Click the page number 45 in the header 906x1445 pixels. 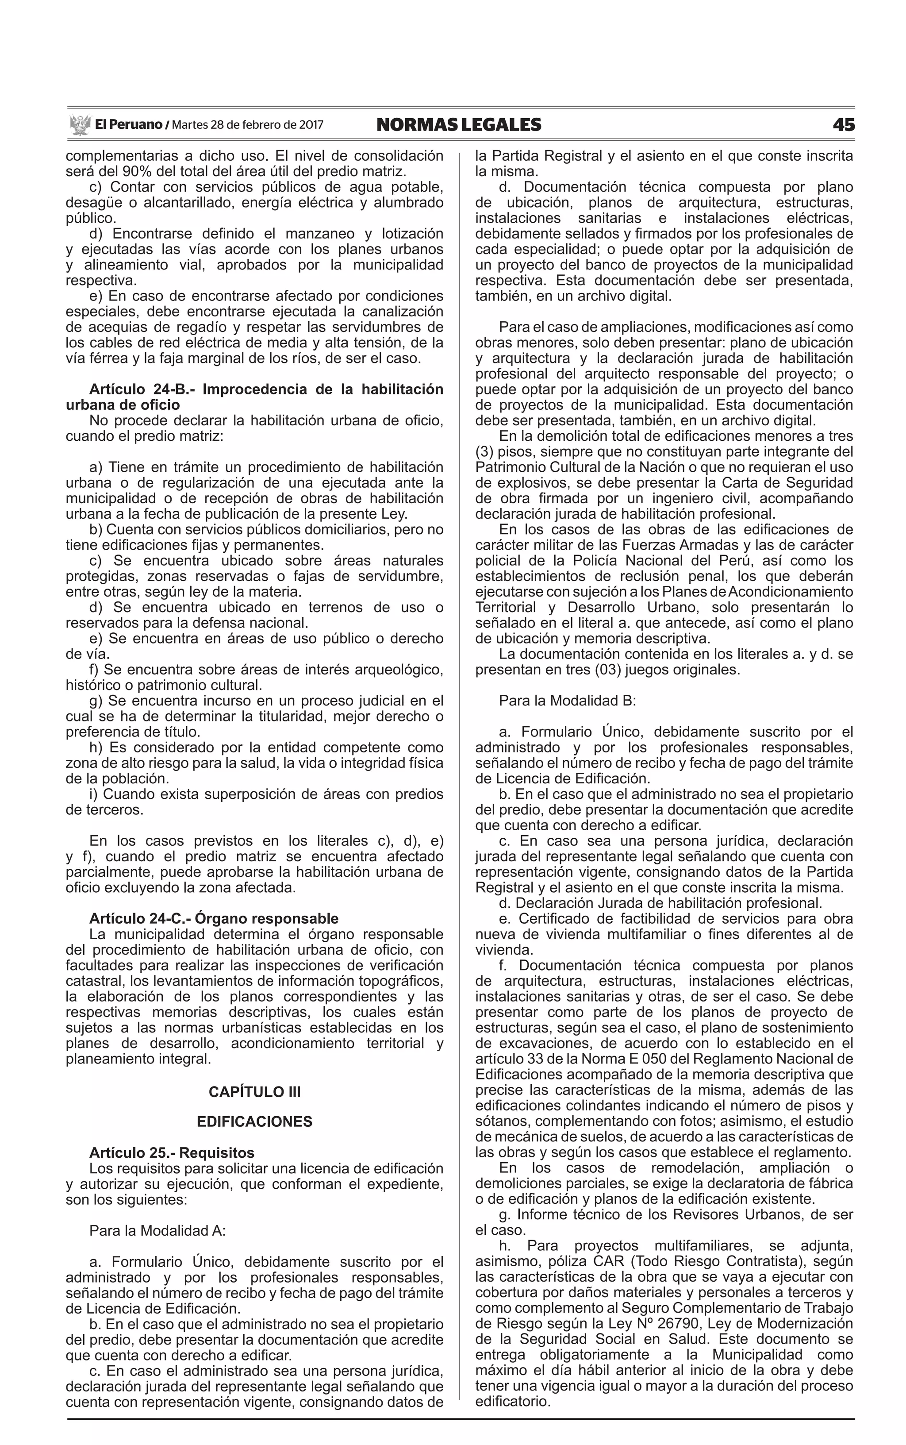tap(843, 125)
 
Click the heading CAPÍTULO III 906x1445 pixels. tap(255, 1092)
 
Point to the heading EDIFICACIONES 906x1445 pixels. tap(255, 1122)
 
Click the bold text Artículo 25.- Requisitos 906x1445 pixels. tap(171, 1153)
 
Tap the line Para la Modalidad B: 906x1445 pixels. tap(568, 701)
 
